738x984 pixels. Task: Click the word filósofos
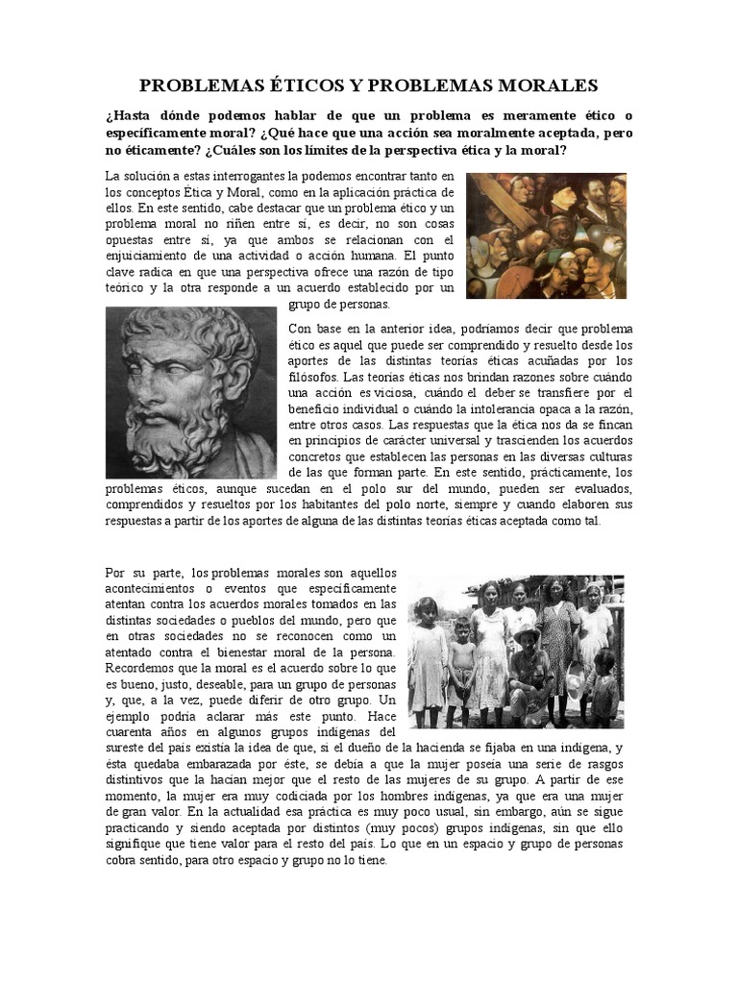coord(316,376)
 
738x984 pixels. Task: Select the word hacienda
coord(437,747)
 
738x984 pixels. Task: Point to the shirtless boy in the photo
coord(462,668)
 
